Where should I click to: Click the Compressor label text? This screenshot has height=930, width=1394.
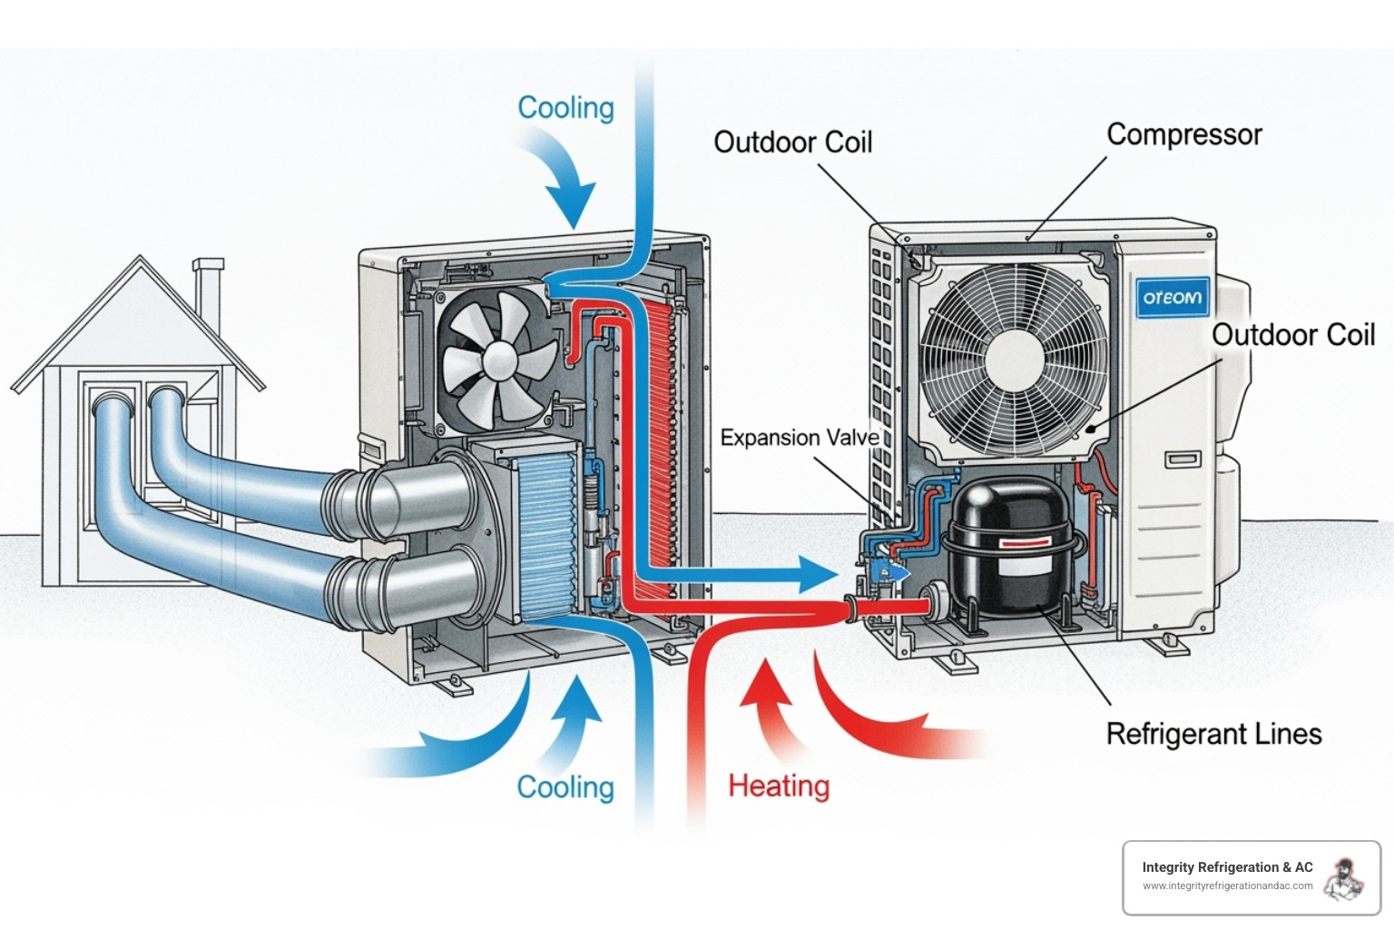[1183, 134]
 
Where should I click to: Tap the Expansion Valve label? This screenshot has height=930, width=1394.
[799, 438]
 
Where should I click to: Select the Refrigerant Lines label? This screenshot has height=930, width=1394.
[1213, 734]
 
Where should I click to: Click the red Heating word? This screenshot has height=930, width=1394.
[779, 786]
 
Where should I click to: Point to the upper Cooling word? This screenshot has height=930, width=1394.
[565, 107]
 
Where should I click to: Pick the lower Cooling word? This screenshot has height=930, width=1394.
[565, 787]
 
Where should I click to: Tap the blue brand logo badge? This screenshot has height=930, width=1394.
[1173, 297]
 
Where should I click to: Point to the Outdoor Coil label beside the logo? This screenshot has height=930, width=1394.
[1293, 335]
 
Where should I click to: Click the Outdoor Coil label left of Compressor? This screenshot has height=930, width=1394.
[792, 143]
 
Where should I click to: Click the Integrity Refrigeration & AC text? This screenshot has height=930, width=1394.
[1227, 867]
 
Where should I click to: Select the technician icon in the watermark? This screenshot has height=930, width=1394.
[1343, 879]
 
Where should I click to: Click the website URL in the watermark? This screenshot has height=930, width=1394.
[1227, 886]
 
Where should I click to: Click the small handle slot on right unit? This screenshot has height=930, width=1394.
[1183, 460]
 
